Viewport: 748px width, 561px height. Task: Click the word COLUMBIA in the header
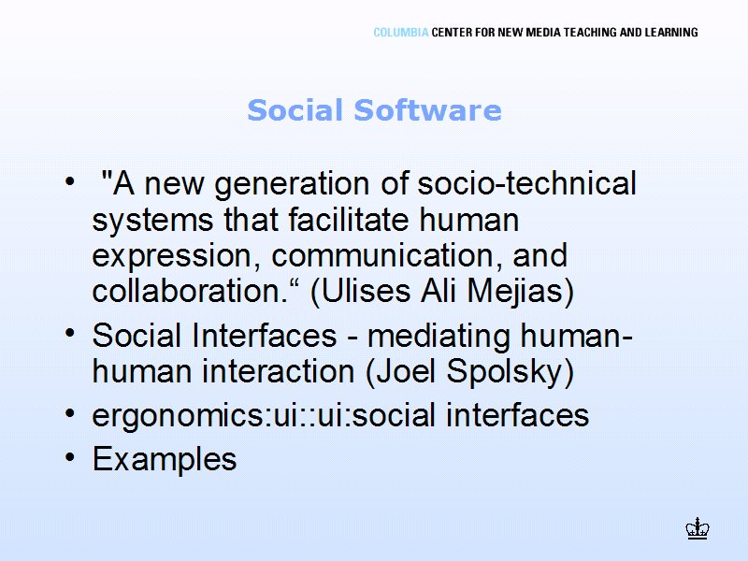[x=401, y=33]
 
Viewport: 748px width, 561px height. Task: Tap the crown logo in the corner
[x=698, y=528]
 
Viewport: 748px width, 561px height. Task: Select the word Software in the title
[x=427, y=110]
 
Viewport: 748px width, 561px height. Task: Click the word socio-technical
[x=526, y=182]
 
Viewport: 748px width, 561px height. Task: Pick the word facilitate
[x=348, y=220]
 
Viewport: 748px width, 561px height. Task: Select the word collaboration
[x=190, y=291]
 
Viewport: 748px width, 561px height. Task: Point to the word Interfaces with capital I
[x=264, y=335]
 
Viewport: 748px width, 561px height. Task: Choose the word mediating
[x=438, y=337]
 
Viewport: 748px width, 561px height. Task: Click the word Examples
[x=165, y=460]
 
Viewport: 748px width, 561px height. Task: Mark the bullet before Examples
[x=70, y=457]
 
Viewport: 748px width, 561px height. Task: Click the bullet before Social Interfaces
[x=70, y=333]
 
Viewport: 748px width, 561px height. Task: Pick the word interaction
[x=278, y=371]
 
